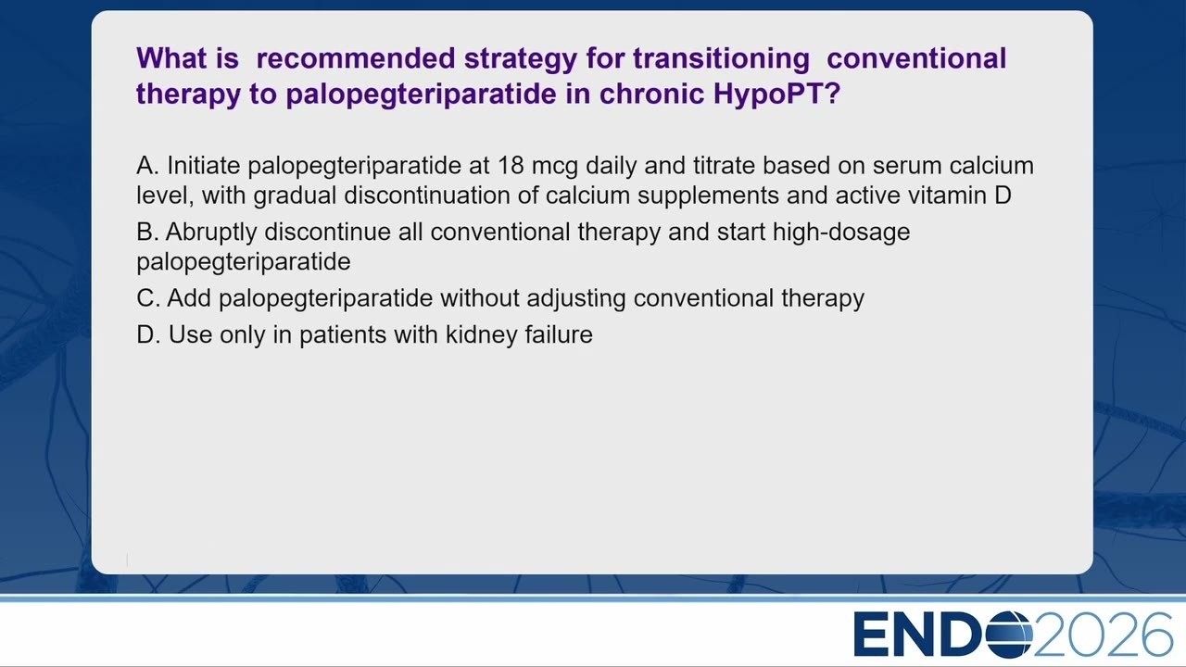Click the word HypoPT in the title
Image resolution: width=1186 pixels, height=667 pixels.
[x=776, y=94]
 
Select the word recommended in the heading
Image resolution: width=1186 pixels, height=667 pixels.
[x=355, y=58]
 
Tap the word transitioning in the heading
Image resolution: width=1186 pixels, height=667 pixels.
[x=721, y=59]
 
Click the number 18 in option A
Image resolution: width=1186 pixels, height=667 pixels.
[x=511, y=166]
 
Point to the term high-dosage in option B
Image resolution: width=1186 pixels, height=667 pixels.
[x=841, y=233]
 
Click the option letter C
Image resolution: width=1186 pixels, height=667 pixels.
[x=147, y=298]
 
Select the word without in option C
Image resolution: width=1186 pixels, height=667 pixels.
[x=480, y=298]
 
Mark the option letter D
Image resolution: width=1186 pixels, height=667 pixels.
[x=147, y=334]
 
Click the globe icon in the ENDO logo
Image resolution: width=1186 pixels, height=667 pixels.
[x=1009, y=635]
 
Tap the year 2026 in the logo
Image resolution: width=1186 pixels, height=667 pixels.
[x=1104, y=635]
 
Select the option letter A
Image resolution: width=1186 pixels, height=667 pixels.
[x=147, y=166]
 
